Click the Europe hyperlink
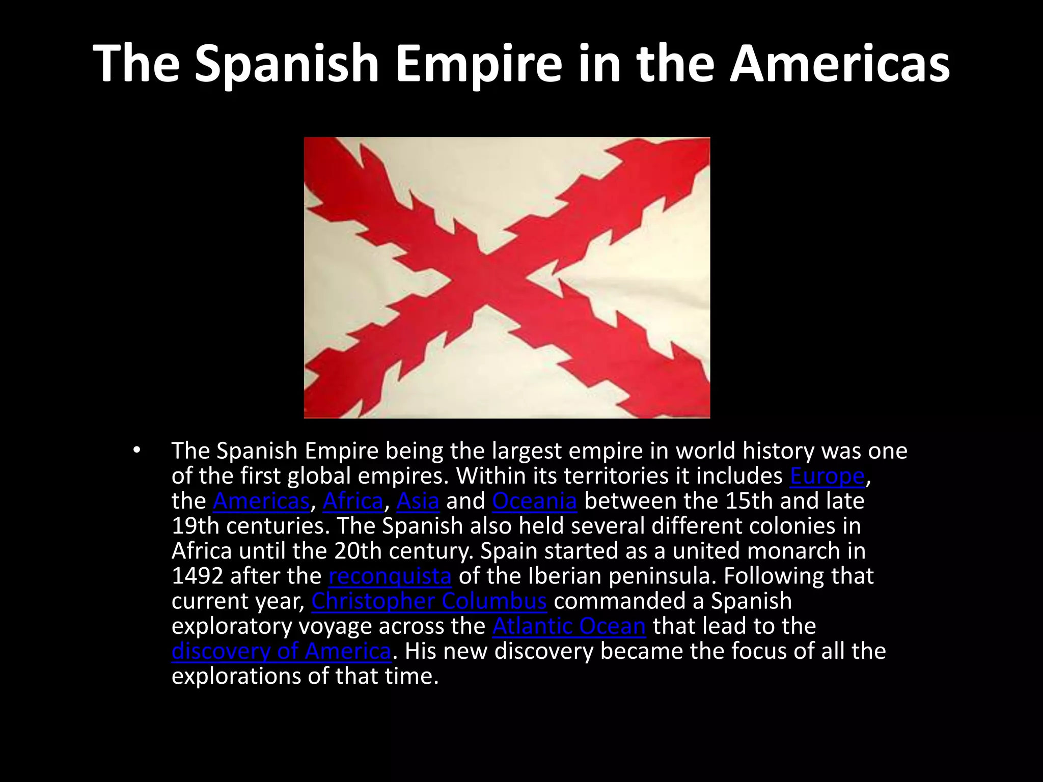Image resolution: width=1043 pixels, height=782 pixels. (827, 476)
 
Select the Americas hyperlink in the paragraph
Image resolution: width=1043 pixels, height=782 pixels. (261, 501)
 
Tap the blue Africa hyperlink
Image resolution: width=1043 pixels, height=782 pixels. (352, 501)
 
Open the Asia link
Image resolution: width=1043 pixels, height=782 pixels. (418, 501)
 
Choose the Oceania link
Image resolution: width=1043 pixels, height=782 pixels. (534, 501)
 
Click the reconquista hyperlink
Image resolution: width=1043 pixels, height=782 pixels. (390, 576)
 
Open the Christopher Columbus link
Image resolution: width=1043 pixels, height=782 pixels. (429, 601)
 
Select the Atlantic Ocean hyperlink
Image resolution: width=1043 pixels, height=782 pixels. (569, 626)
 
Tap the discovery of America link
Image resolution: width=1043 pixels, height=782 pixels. (281, 651)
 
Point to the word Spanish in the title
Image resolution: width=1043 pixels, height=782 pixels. (287, 64)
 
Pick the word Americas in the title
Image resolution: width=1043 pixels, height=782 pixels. (839, 64)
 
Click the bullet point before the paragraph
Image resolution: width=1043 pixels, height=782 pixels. (135, 450)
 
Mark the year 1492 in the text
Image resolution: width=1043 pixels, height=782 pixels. (197, 576)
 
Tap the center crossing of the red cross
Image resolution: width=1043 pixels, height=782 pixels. (487, 277)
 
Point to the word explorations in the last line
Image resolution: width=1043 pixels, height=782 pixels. (249, 676)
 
